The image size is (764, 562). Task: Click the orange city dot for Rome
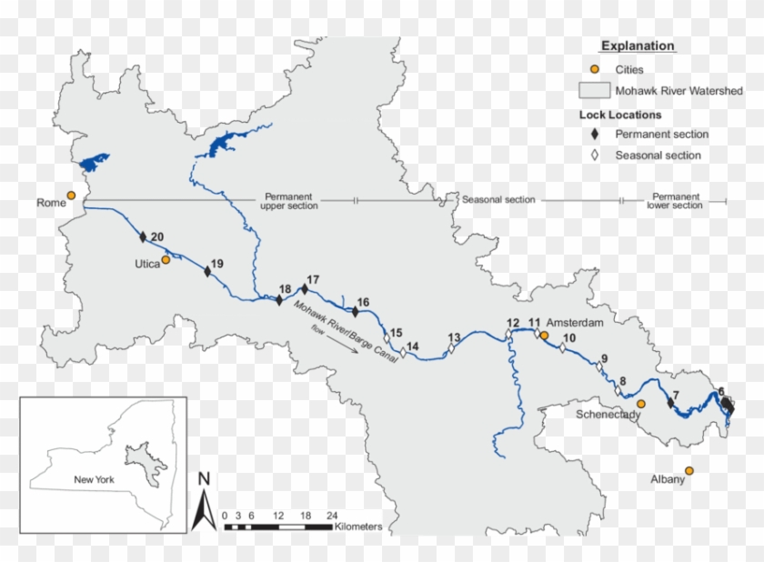click(71, 196)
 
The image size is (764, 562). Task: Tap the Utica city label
click(146, 263)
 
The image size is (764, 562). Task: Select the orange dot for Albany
click(689, 470)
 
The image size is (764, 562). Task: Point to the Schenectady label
click(608, 415)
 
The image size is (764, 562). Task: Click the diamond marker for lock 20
click(143, 237)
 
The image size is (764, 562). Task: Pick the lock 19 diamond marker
click(208, 271)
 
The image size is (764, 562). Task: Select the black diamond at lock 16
click(356, 311)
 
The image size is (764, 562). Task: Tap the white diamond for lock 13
click(451, 346)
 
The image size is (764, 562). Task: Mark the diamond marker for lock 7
click(671, 402)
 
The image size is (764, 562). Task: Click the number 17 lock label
click(314, 279)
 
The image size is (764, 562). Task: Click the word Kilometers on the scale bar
click(358, 527)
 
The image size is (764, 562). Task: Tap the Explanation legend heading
click(638, 45)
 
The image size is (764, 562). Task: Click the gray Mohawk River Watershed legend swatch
click(594, 91)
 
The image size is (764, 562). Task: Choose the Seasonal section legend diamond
click(594, 156)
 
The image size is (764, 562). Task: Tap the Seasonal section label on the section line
click(498, 200)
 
